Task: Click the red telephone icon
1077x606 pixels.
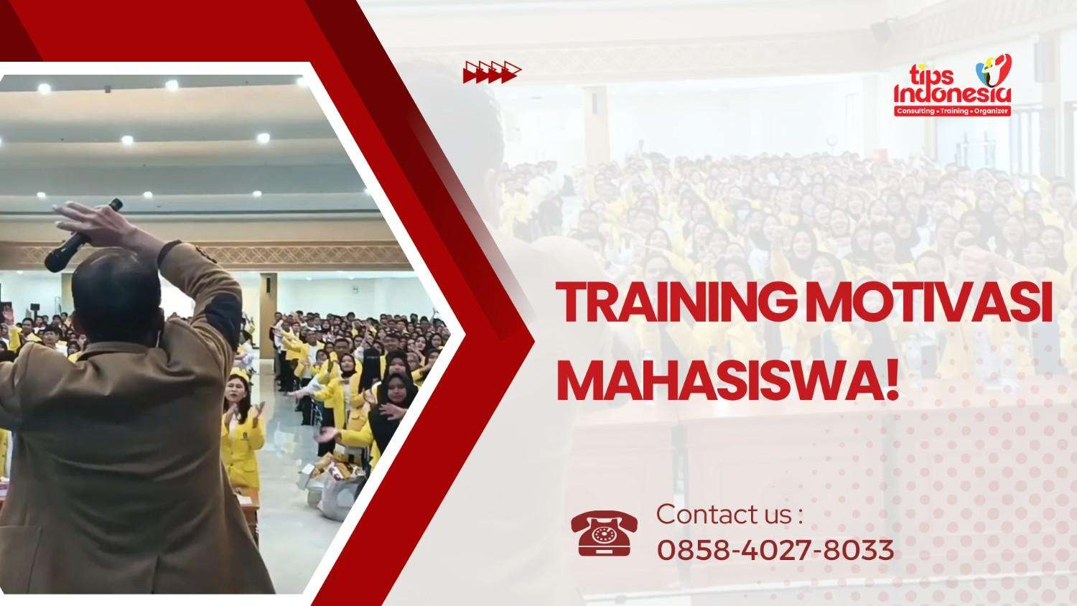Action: tap(604, 534)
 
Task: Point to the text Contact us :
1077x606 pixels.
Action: tap(729, 514)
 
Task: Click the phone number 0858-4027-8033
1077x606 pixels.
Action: tap(775, 550)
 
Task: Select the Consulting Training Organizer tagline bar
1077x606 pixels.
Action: tap(952, 111)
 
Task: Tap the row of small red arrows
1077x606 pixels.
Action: tap(493, 71)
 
